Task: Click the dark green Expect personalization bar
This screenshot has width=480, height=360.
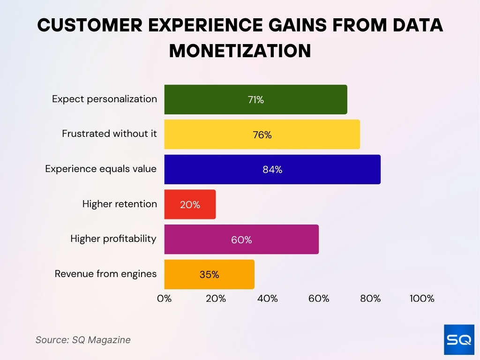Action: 255,99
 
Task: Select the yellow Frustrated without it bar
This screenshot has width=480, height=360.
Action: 262,135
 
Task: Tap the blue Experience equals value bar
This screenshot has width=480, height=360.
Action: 272,169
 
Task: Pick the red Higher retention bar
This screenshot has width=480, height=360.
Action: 190,204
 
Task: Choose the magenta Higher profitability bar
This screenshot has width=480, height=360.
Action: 241,240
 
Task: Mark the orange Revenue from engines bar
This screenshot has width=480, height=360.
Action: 209,274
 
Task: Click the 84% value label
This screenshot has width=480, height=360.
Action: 272,170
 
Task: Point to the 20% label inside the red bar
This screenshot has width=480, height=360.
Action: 190,205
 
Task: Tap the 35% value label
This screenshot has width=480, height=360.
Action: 209,275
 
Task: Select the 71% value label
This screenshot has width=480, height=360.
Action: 256,100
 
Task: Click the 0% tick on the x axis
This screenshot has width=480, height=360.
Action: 165,299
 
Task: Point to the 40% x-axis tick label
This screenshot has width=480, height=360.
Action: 267,299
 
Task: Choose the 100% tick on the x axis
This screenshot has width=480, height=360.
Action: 422,299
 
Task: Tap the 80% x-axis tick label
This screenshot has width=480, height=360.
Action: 370,299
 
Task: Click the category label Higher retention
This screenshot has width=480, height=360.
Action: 120,204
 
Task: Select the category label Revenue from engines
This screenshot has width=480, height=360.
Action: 106,274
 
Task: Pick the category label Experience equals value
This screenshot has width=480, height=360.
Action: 101,169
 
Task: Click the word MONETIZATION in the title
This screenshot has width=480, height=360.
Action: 240,51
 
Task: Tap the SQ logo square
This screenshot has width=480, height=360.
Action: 458,339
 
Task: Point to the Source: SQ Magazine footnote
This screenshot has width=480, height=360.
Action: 83,340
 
